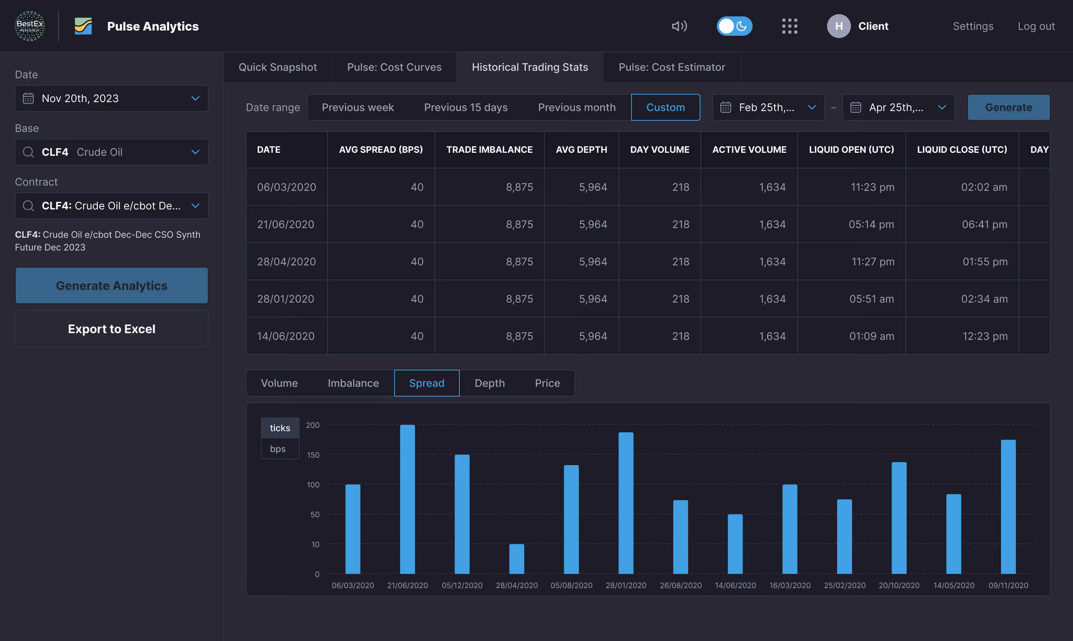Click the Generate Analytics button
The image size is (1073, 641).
pos(111,285)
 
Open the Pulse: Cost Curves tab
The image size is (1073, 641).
pos(394,67)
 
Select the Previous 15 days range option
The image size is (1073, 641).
pos(465,107)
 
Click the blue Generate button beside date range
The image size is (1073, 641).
pos(1008,107)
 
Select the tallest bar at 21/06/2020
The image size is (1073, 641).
pos(407,499)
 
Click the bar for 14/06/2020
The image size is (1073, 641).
pos(735,544)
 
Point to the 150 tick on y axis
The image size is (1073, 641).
pos(313,455)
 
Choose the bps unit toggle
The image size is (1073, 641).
pos(278,449)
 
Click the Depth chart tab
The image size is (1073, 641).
pos(489,383)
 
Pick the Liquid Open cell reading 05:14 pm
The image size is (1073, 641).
pos(871,224)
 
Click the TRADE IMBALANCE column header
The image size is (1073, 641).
pos(489,149)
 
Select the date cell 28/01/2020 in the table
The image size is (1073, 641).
pos(285,299)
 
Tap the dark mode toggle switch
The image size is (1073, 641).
pos(734,26)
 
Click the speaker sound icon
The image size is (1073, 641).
pos(679,26)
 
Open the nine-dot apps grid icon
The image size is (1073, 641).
pos(789,26)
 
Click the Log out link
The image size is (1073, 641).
pos(1036,26)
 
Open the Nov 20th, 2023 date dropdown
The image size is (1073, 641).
pos(111,98)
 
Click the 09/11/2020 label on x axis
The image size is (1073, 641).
pos(1008,585)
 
